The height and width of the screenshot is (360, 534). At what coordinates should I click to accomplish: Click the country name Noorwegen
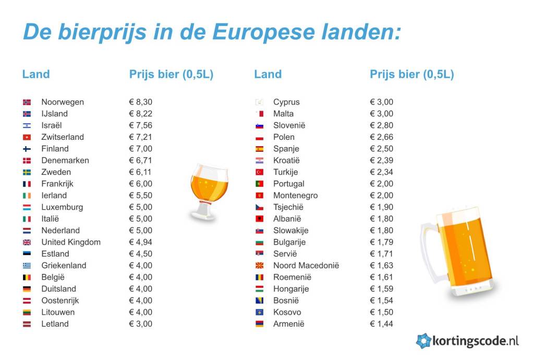coord(63,102)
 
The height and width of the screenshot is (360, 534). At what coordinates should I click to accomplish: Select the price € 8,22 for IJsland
coord(140,114)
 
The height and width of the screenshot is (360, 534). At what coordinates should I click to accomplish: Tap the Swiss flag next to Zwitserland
coord(27,137)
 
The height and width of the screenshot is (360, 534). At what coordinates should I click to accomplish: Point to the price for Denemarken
coord(140,161)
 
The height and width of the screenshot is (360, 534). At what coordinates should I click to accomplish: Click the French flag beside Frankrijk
coord(27,184)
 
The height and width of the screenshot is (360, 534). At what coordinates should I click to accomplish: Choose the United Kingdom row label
coord(71,242)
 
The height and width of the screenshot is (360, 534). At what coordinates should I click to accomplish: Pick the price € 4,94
coord(140,242)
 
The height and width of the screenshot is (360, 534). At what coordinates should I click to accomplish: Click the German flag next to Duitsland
coord(27,289)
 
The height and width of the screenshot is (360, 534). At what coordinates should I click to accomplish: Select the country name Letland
coord(55,324)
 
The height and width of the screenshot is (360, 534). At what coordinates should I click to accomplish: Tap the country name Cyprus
coord(286,102)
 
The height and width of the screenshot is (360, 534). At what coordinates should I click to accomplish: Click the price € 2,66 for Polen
coord(381,137)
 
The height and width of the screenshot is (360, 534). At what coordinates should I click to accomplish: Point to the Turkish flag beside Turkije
coord(259,172)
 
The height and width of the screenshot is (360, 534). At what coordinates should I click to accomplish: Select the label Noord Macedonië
coord(306,266)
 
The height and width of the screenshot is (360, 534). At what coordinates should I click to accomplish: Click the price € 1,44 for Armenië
coord(381,324)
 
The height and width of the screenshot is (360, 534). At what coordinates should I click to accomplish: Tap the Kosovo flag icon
coord(259,313)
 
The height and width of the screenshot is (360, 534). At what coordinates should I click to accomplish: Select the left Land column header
coord(36,74)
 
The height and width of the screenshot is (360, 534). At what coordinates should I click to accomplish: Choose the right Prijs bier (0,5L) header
coord(412,74)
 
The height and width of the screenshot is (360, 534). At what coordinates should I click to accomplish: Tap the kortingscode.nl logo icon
coord(423,341)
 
